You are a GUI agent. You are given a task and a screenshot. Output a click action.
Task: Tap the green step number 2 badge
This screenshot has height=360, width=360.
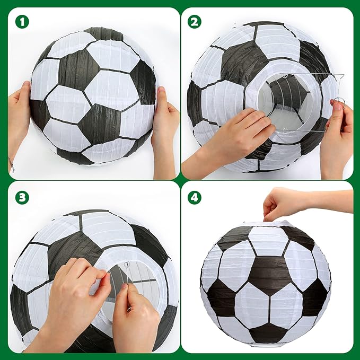195,22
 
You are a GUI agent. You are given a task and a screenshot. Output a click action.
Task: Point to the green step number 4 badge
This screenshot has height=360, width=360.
195,197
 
